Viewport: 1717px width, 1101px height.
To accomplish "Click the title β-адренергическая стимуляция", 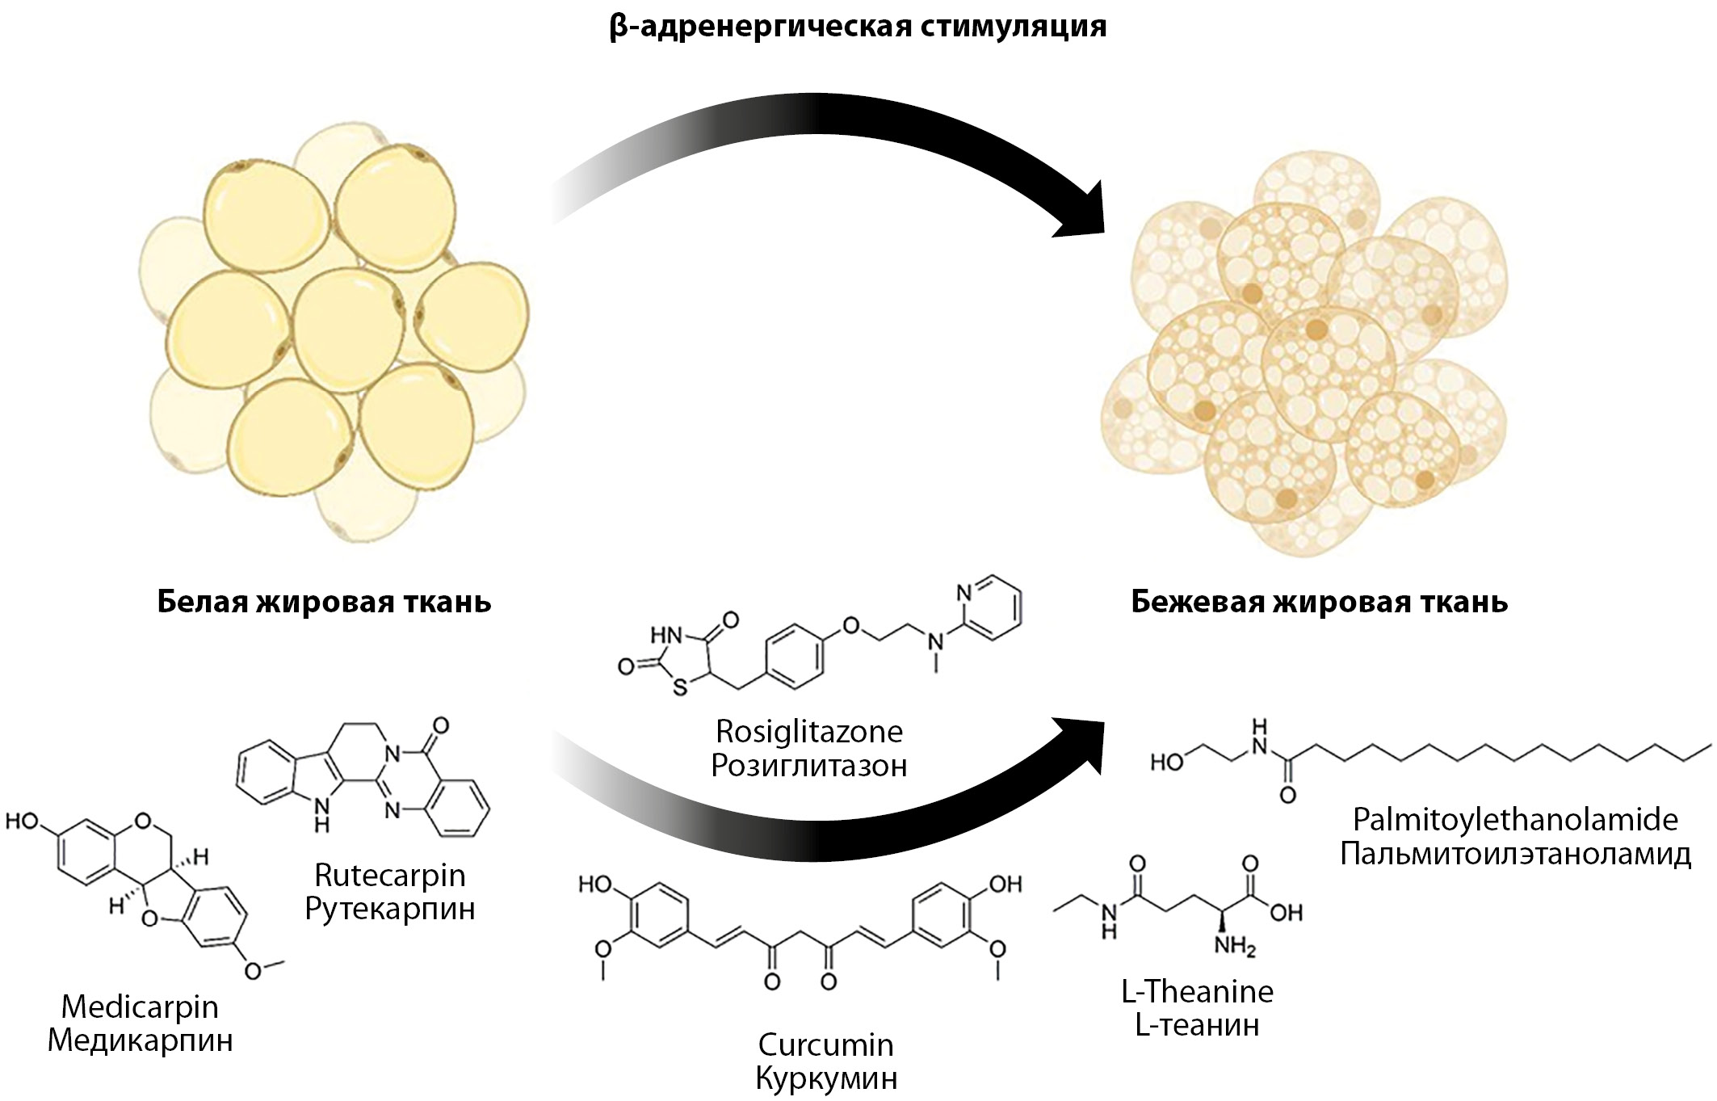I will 858,27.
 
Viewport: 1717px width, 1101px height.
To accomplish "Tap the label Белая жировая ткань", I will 324,602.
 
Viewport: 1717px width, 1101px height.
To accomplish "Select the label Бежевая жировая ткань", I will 1319,602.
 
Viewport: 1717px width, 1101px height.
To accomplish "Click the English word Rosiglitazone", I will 809,732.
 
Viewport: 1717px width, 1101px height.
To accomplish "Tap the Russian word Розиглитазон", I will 809,766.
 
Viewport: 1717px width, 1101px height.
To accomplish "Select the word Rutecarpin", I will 390,875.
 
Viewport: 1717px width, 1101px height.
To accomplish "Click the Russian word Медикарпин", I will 140,1040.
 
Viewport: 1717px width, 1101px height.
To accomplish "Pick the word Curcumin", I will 825,1044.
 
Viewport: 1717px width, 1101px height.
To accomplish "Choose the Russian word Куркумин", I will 825,1079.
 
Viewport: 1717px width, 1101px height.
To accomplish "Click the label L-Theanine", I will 1197,991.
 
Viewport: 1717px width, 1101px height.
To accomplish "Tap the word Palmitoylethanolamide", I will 1515,820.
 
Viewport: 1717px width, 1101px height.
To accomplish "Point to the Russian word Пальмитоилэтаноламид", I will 1515,855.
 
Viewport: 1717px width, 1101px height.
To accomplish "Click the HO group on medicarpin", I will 23,822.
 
